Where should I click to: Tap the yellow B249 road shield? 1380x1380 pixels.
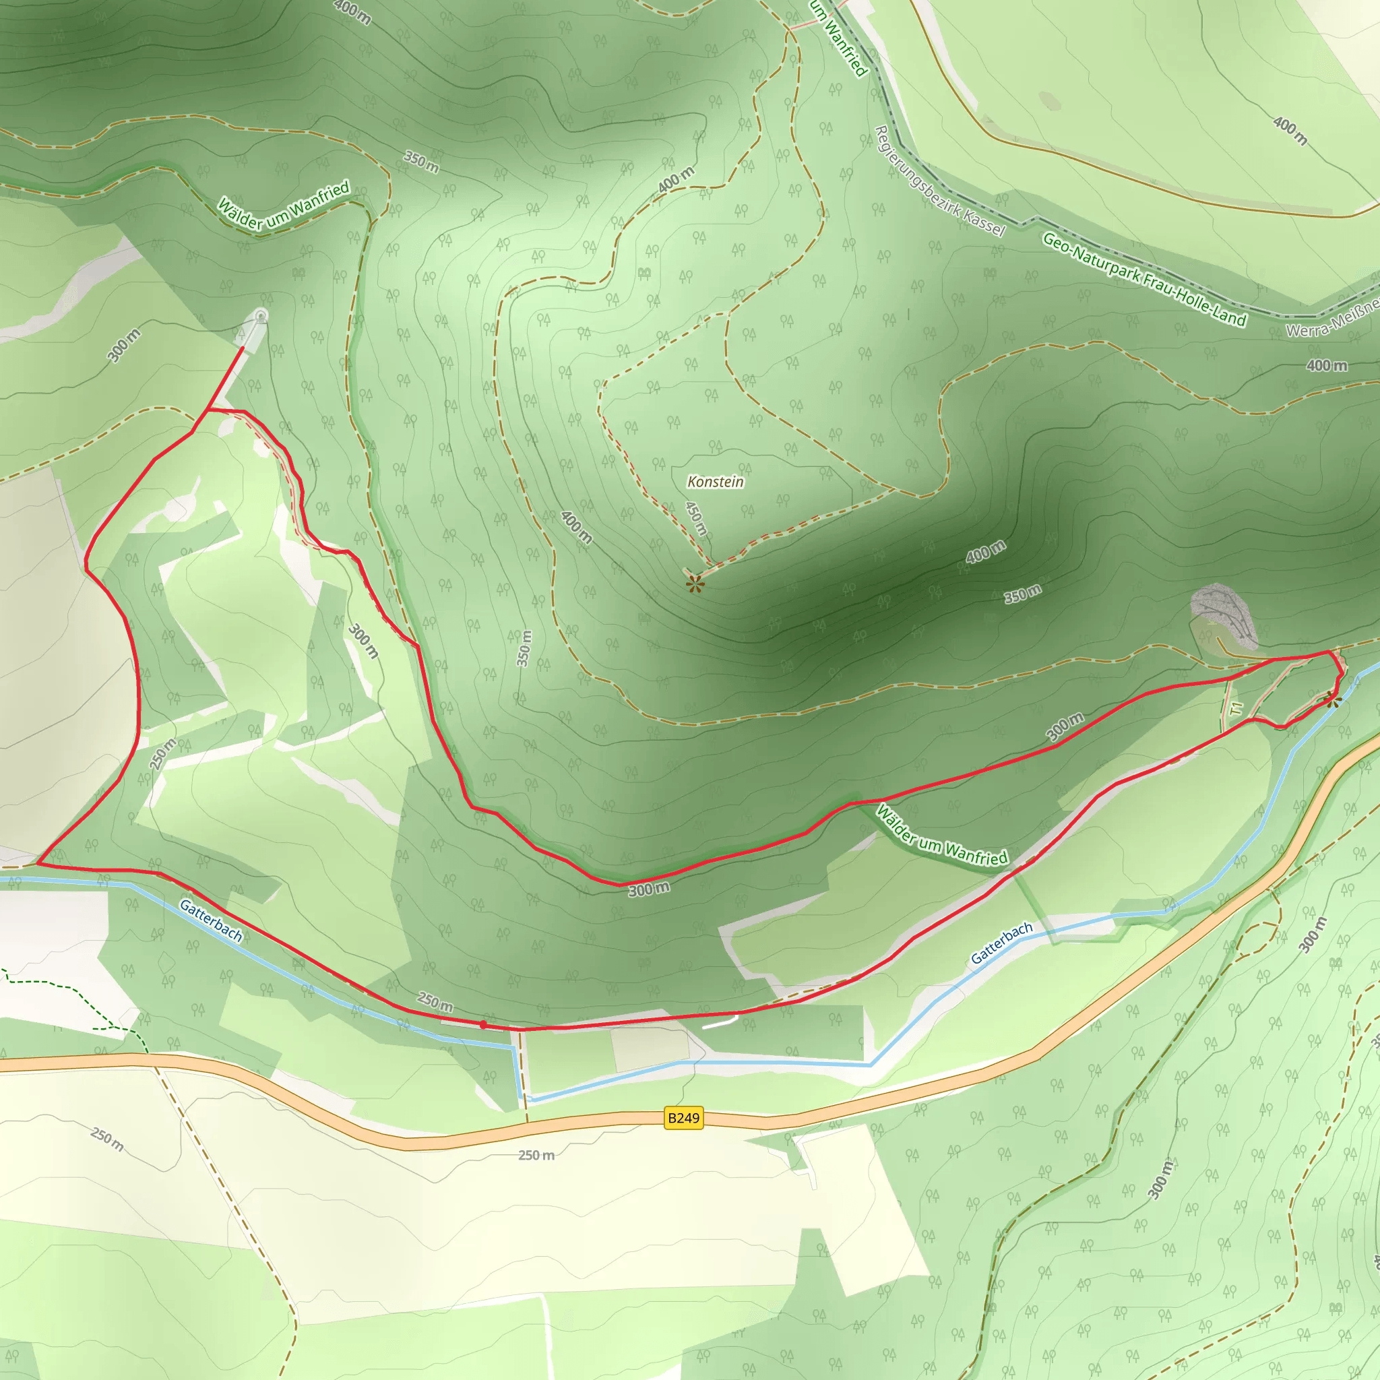tap(683, 1117)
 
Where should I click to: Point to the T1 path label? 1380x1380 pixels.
tap(1236, 709)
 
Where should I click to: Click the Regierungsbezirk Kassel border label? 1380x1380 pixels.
tap(939, 181)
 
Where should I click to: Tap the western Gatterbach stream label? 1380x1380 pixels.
tap(211, 920)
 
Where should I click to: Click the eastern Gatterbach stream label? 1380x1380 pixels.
tap(1001, 942)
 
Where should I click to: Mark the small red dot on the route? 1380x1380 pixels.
tap(484, 1024)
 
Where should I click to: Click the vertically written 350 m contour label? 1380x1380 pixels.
tap(524, 648)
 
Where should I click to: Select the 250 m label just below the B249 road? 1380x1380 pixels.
tap(536, 1155)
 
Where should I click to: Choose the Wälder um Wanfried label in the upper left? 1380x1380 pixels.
tap(284, 204)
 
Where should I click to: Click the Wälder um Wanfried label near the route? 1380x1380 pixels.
tap(941, 836)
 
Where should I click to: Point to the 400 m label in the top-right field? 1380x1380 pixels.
tap(1290, 131)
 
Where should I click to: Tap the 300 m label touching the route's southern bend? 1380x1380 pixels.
tap(649, 889)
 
